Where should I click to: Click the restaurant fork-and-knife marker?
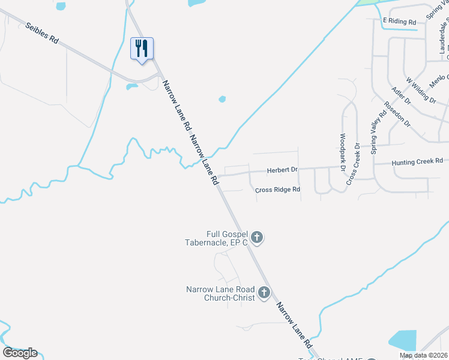click(x=142, y=49)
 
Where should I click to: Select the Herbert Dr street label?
click(x=282, y=170)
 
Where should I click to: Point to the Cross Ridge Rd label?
click(x=277, y=190)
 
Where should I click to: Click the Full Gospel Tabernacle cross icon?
click(x=257, y=238)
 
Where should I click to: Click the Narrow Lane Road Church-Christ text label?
click(x=221, y=293)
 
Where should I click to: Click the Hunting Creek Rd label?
click(x=417, y=161)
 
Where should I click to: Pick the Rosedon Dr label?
click(x=397, y=113)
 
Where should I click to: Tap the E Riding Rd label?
click(x=399, y=21)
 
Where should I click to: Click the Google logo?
click(x=20, y=353)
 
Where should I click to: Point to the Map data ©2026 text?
click(x=423, y=355)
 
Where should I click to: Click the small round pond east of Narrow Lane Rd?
click(x=222, y=99)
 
